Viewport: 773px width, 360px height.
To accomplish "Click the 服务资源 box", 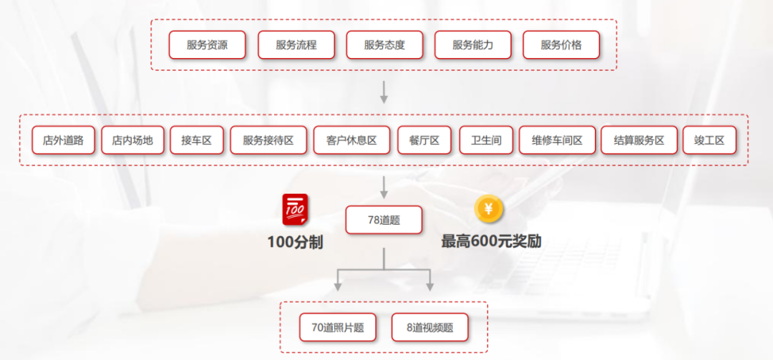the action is tap(207, 45).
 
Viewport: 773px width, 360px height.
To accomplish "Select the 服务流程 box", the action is tap(296, 45).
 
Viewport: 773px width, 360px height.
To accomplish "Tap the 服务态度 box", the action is tap(384, 45).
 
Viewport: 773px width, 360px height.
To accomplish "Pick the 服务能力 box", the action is tap(473, 45).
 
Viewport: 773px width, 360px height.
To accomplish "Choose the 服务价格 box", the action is tap(561, 45).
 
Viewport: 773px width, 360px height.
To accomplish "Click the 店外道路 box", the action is tap(63, 140).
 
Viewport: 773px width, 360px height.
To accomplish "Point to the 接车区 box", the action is tap(196, 140).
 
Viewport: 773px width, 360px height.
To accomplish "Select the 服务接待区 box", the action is tap(268, 140).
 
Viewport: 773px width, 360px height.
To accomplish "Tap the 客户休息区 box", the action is tap(351, 140).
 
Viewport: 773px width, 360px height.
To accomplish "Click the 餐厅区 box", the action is tap(424, 140).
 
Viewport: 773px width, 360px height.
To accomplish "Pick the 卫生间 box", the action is tap(485, 140).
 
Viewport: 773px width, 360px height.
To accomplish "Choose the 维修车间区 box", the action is tap(557, 140).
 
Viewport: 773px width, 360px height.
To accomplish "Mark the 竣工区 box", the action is tap(709, 140).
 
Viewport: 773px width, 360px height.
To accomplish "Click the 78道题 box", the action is tap(384, 220).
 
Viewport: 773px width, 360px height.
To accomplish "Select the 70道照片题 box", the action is tap(338, 328).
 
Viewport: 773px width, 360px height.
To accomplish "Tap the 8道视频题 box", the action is tap(430, 328).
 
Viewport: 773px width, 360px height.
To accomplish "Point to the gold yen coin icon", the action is tap(489, 209).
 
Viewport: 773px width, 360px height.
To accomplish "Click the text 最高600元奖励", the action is tap(491, 242).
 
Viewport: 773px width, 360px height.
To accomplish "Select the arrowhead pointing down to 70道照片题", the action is tap(338, 286).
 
